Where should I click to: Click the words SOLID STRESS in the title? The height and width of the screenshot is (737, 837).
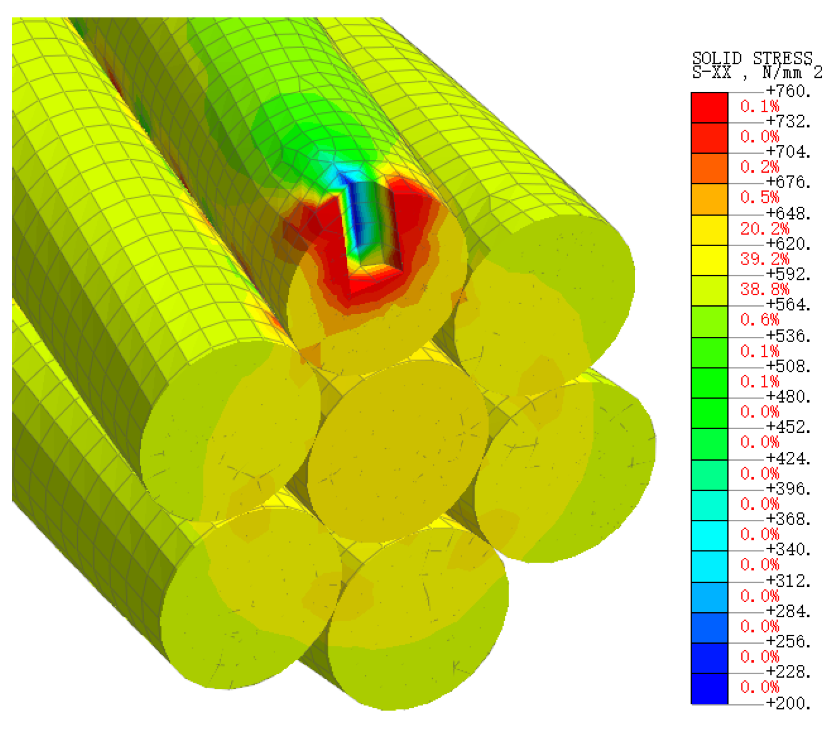coord(752,58)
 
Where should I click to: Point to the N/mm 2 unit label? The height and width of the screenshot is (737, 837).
coord(792,72)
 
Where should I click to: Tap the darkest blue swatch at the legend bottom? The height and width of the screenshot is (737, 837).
coord(709,688)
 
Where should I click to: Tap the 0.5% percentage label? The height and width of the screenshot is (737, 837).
coord(760,198)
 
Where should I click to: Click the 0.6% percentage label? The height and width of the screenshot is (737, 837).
coord(760,320)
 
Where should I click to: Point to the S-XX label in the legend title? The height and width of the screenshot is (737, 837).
coord(712,72)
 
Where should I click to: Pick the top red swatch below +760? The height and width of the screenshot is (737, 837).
coord(709,108)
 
